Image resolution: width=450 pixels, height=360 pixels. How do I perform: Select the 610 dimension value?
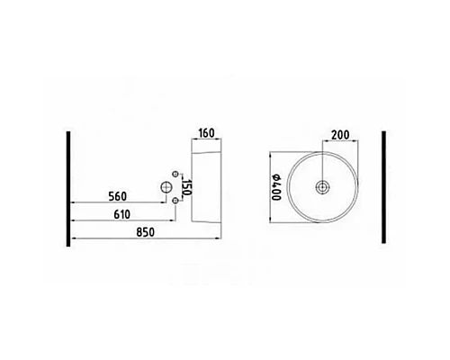112,215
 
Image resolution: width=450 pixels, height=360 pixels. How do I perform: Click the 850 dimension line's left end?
72,238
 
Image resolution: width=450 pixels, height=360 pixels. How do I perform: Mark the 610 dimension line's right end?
175,221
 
